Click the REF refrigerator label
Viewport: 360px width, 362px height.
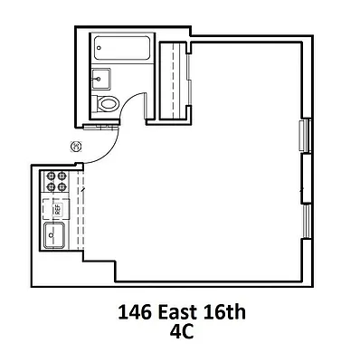coord(56,210)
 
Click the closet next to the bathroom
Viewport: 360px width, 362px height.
coord(173,80)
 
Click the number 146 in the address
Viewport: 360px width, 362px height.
coord(136,313)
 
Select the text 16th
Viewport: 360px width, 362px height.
coord(226,313)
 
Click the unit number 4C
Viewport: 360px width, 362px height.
coord(181,331)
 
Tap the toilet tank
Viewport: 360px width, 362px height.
coord(98,103)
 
